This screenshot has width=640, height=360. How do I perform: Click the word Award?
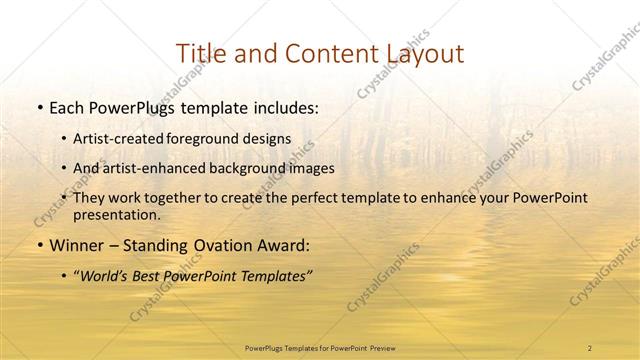point(284,244)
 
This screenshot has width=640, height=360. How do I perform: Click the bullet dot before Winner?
point(39,245)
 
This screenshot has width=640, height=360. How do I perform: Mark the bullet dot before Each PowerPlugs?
point(39,105)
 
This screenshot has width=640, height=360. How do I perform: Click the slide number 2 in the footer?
point(589,347)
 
